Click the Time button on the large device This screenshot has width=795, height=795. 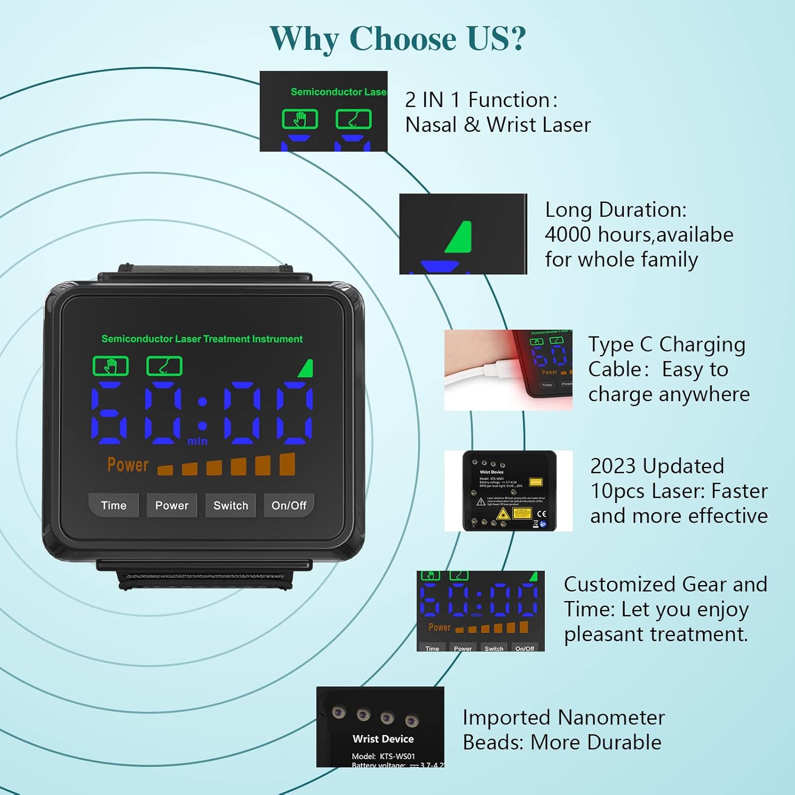coord(113,505)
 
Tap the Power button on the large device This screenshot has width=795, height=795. coord(172,505)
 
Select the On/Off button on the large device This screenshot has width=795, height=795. coord(289,505)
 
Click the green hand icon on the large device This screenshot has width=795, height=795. coord(111,366)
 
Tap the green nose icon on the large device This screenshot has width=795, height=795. coord(164,366)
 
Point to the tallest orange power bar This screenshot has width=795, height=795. coord(287,464)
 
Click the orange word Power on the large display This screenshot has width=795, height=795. coord(128,465)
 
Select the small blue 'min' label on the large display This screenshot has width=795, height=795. coord(197,441)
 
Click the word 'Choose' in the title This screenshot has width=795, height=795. coord(402,38)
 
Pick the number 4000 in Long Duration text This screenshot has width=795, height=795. coord(568,234)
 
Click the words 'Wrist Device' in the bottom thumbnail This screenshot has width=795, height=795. coord(383,738)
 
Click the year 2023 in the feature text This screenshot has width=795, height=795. coord(612,466)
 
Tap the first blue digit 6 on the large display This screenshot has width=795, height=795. coord(110,413)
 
